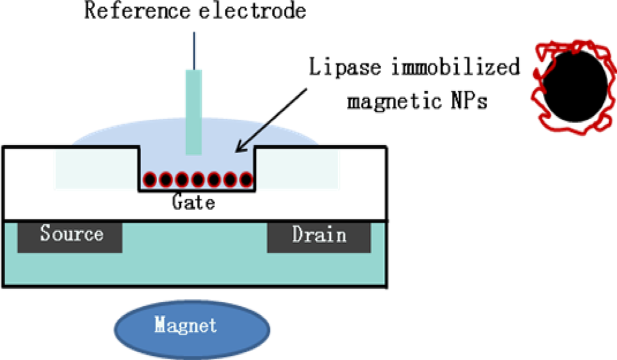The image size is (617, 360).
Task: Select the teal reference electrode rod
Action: pos(194,112)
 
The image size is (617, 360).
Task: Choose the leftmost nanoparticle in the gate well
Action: pos(149,179)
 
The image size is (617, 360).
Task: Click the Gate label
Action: pos(193,203)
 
